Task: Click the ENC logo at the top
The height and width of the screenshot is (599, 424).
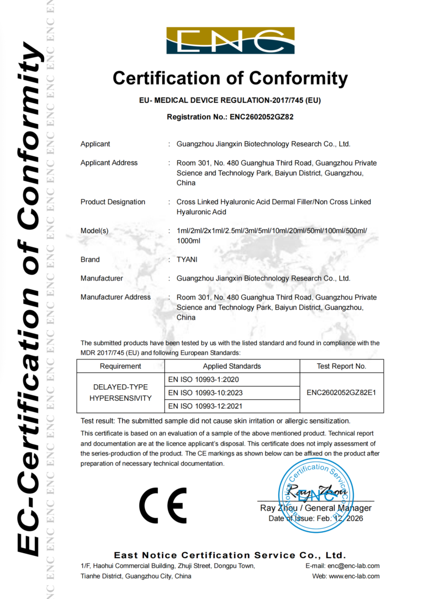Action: (230, 41)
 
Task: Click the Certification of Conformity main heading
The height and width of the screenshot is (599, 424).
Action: (230, 78)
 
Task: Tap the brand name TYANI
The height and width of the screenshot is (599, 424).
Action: (187, 259)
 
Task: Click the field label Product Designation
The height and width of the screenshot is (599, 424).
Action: (113, 202)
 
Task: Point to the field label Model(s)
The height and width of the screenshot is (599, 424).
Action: (94, 231)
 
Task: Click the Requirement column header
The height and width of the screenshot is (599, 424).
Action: (120, 366)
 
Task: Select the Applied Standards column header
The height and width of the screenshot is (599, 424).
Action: (232, 366)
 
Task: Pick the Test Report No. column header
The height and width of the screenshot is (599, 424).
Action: (341, 366)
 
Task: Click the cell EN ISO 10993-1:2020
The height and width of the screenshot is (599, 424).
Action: (199, 380)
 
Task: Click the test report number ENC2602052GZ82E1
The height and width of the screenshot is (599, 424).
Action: (341, 393)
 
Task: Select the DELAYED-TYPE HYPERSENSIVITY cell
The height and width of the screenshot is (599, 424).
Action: (120, 393)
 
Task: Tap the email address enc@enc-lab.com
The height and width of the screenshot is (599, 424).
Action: (353, 566)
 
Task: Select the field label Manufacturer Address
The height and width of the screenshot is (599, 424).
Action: (115, 297)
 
